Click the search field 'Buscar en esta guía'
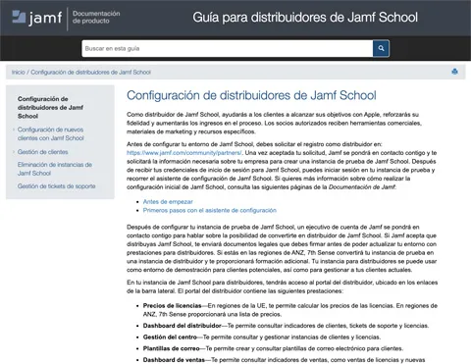[x=226, y=48]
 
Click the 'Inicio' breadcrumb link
[x=19, y=72]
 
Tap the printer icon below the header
[x=454, y=72]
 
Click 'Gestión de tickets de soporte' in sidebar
[x=57, y=185]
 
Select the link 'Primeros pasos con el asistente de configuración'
[x=210, y=210]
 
